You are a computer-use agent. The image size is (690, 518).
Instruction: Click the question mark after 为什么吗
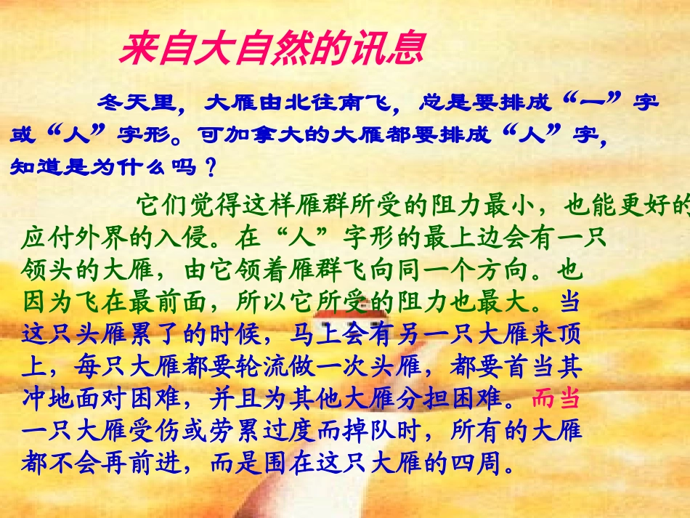tap(211, 168)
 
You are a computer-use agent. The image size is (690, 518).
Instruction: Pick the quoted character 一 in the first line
tap(596, 102)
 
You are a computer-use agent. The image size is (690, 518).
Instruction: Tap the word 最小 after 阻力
tap(511, 205)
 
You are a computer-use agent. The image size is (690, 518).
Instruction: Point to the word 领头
tap(47, 270)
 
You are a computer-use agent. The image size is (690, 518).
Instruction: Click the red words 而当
tap(556, 399)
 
